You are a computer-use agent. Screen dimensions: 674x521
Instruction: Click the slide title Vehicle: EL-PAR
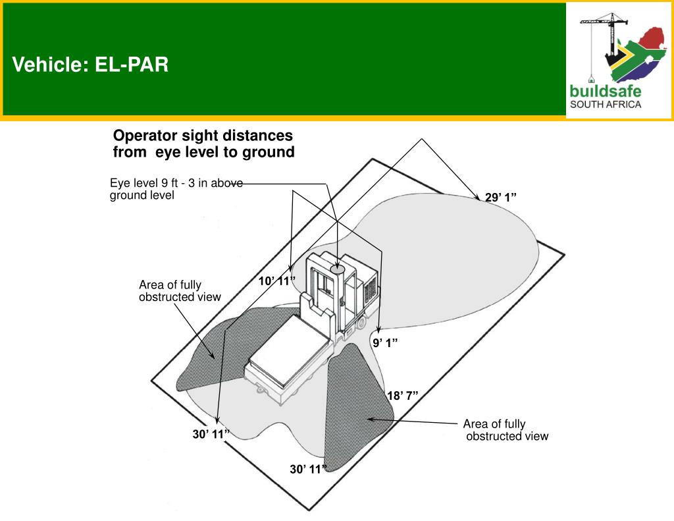pyautogui.click(x=90, y=65)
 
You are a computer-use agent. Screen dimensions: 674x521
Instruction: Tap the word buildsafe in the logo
pyautogui.click(x=606, y=91)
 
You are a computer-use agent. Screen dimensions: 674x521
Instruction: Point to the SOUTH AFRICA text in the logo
pyautogui.click(x=606, y=105)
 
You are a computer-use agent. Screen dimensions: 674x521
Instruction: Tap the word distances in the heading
pyautogui.click(x=261, y=136)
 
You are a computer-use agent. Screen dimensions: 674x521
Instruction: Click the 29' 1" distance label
pyautogui.click(x=501, y=198)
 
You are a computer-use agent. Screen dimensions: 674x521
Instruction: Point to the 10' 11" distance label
pyautogui.click(x=277, y=281)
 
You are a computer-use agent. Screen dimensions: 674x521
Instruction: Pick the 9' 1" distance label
pyautogui.click(x=385, y=343)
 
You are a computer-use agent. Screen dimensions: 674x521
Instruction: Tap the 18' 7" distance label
pyautogui.click(x=403, y=396)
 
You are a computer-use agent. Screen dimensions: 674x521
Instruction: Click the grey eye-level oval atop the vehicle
pyautogui.click(x=338, y=269)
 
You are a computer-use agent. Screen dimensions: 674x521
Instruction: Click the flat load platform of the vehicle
pyautogui.click(x=289, y=349)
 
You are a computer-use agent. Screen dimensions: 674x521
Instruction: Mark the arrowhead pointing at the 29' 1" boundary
pyautogui.click(x=477, y=198)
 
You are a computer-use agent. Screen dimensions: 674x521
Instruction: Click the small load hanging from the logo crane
pyautogui.click(x=592, y=80)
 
